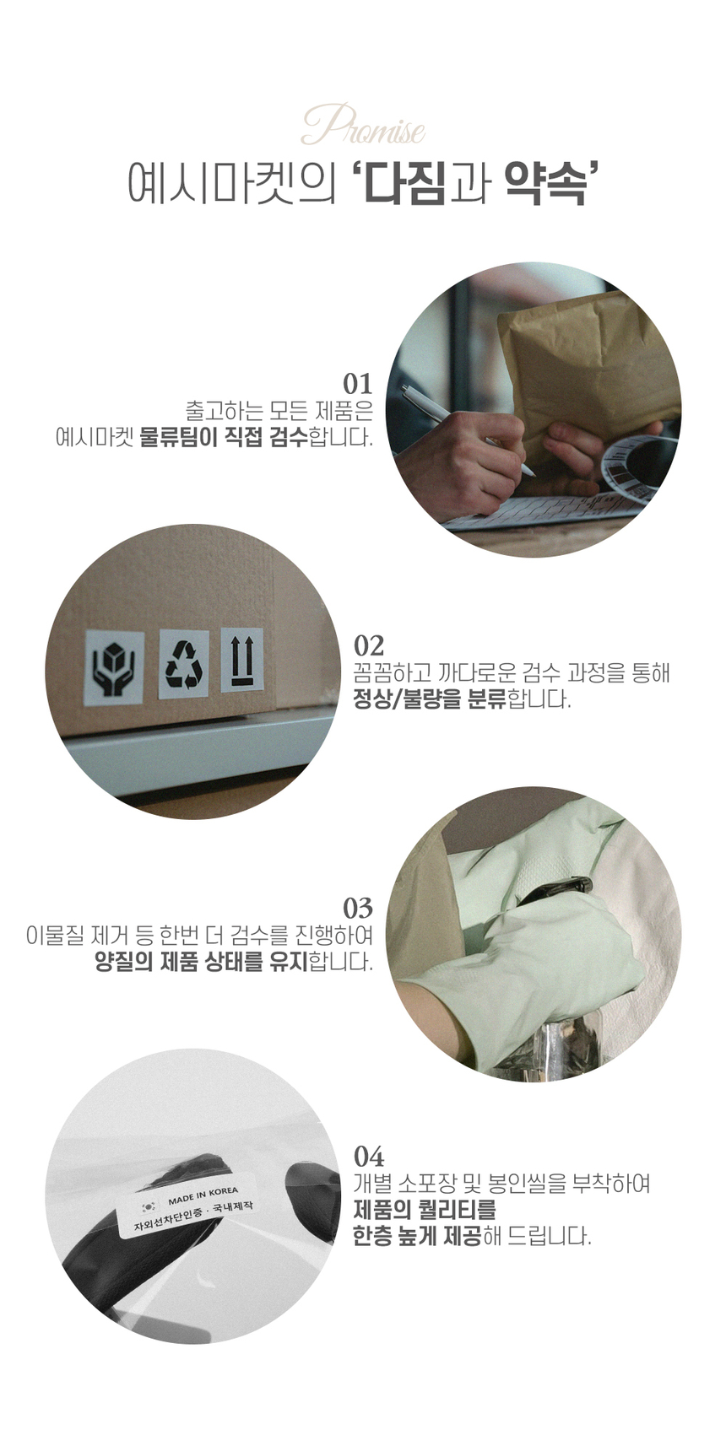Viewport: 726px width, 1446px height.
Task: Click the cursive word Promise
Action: pyautogui.click(x=364, y=125)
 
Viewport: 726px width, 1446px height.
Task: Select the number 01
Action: pyautogui.click(x=358, y=384)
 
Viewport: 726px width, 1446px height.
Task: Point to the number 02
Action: pyautogui.click(x=369, y=645)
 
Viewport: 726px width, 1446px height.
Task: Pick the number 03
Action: pyautogui.click(x=358, y=909)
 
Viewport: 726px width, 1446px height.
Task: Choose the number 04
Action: pyautogui.click(x=369, y=1153)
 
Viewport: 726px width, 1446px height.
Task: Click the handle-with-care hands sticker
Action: pyautogui.click(x=115, y=666)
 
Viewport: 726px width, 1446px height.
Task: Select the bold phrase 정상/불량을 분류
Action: pyautogui.click(x=431, y=699)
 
